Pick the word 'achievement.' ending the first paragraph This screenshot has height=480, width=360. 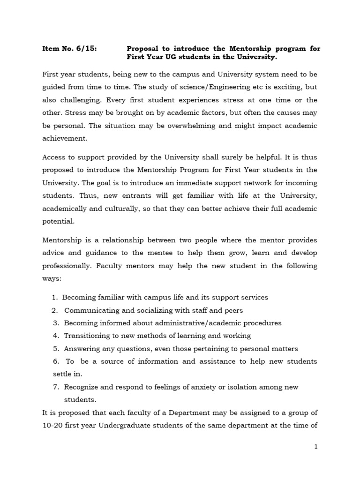tap(64, 139)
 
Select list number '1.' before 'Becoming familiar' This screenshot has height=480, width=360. tap(55, 298)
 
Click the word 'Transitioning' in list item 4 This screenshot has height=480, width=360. tap(88, 336)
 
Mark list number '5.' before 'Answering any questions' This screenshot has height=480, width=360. tap(56, 348)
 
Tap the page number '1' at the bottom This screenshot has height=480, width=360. tap(316, 447)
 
